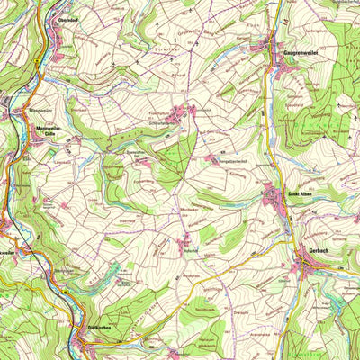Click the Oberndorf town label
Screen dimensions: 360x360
pyautogui.click(x=62, y=15)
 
